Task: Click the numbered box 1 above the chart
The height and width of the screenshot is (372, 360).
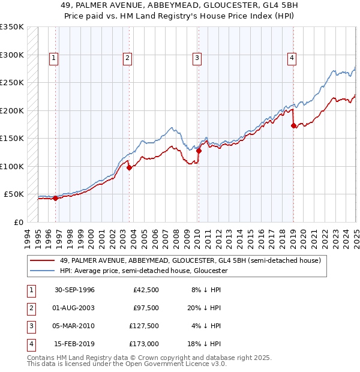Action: (54, 58)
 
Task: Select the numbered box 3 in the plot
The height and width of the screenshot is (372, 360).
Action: (197, 58)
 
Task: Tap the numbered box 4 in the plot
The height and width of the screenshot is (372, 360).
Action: (292, 58)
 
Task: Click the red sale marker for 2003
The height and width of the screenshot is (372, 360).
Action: (129, 168)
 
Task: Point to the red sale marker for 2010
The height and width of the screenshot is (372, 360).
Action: (199, 151)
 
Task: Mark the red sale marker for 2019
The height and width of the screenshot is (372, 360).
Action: (293, 126)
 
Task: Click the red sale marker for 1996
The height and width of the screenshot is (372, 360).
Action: (55, 199)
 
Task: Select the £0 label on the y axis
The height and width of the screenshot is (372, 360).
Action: (18, 222)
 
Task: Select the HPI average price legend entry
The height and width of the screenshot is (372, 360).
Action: (143, 271)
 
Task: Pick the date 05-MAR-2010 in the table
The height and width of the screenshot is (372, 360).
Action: (75, 326)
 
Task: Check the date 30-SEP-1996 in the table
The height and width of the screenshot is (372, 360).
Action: (75, 290)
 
